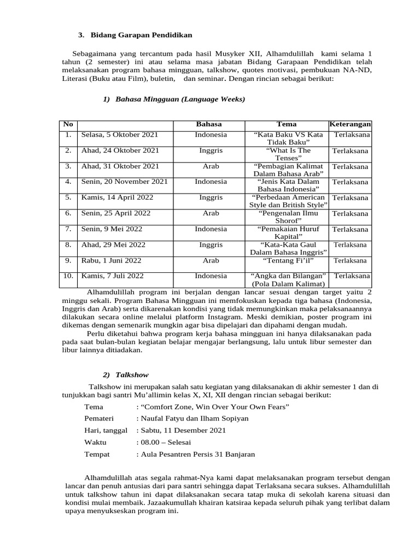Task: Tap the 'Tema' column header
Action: coord(287,124)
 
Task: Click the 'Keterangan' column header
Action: coord(350,124)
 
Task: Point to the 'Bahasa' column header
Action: coord(210,124)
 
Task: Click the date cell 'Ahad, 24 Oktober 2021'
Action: coord(120,150)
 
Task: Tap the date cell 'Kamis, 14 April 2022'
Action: coord(117,197)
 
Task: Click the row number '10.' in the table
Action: coord(68,276)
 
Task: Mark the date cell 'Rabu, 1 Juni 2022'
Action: coord(113,261)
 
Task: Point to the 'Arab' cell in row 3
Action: coord(211,166)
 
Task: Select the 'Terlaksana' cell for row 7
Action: coord(350,230)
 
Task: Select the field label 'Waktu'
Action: coord(96,442)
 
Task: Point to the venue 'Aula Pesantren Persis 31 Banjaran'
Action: coord(197,454)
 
